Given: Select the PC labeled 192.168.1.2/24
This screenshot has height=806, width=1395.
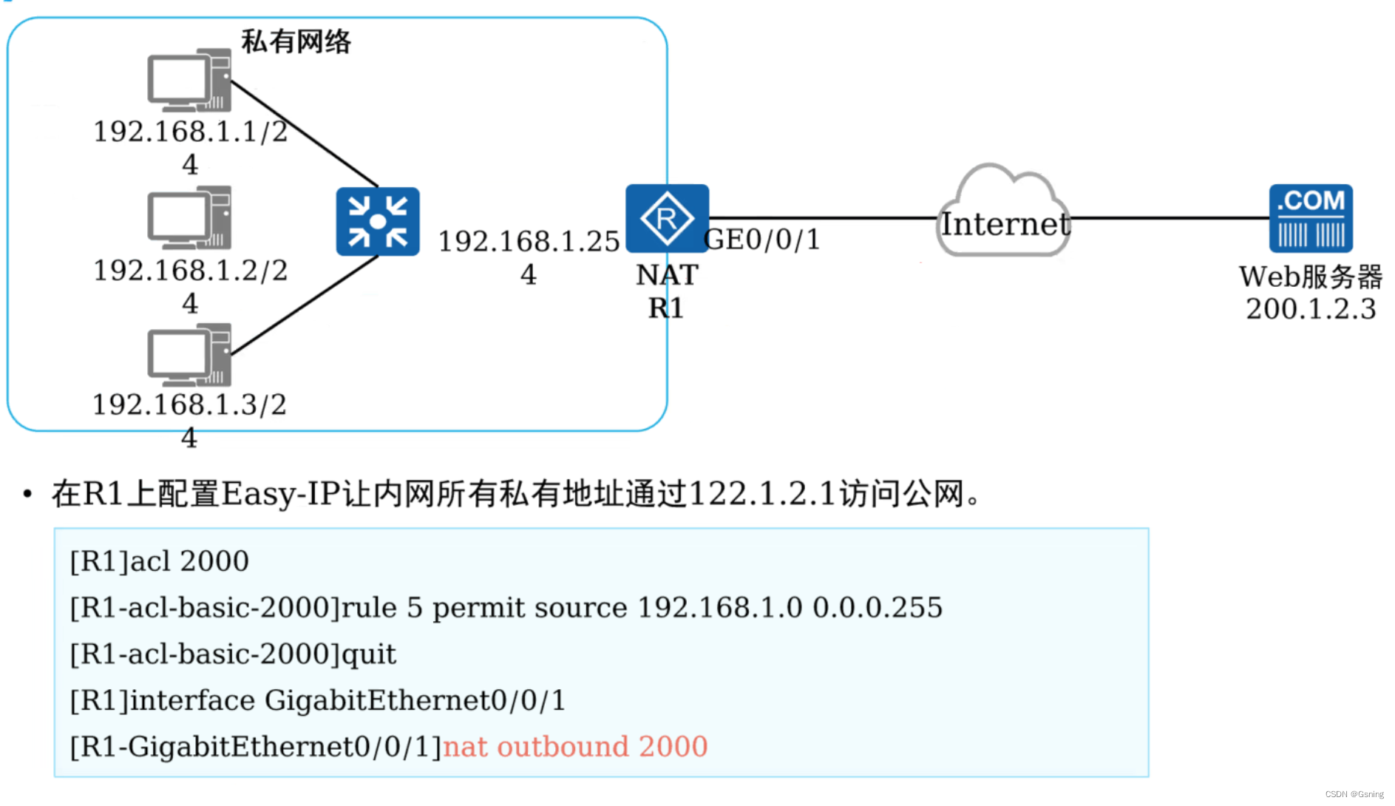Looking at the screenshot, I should coord(189,217).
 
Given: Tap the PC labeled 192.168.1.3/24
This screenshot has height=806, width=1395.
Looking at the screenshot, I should coord(189,355).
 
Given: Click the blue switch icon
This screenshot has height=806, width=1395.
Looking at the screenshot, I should coord(378,221).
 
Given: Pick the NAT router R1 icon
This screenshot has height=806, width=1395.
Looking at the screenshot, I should coord(667,218).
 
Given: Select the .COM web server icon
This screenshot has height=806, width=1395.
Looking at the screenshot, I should coord(1311,218).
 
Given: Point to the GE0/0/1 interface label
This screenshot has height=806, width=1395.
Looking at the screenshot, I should coord(762,240).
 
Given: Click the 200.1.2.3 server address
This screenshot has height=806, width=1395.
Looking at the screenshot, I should coord(1311,309).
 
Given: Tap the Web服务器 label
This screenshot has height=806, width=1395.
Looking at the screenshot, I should coord(1311,277).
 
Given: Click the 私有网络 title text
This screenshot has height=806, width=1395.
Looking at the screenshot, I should coord(296,41).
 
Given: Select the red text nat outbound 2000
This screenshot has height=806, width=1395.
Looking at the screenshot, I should coord(575,747).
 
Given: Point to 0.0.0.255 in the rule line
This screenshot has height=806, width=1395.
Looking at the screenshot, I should coord(878,608).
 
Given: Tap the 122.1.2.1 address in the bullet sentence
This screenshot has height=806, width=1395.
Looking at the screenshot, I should coord(762,494).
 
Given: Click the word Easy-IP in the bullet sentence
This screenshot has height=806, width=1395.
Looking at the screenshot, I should coord(282,494).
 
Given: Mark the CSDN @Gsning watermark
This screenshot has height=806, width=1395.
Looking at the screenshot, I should coord(1354,794).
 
